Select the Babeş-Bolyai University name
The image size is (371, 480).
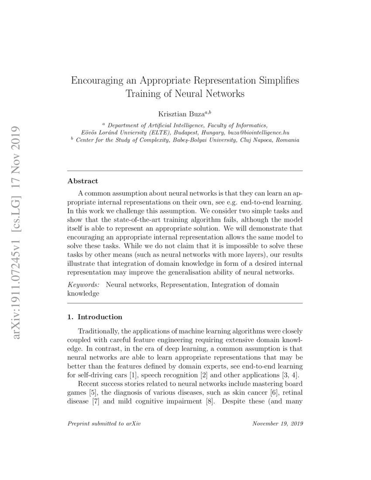[197, 140]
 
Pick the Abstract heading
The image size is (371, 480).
[83, 181]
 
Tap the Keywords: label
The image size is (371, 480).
[83, 285]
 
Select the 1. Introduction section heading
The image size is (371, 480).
[95, 317]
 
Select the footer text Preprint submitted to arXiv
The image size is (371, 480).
[104, 424]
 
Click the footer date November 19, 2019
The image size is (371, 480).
[278, 424]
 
